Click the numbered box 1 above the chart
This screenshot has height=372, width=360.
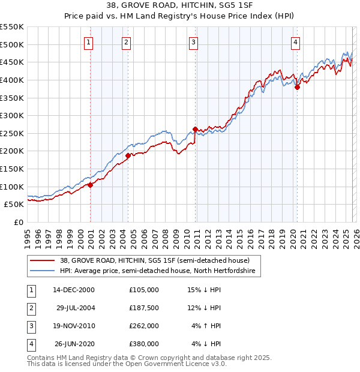88,42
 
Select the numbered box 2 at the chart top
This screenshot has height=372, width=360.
127,42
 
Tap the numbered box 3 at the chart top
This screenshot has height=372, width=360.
193,42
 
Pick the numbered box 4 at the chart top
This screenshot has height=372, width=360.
296,42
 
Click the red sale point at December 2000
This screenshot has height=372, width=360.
91,185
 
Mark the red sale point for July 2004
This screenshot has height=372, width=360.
128,155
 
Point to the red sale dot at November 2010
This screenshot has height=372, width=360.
195,128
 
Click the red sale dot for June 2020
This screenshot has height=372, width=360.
297,87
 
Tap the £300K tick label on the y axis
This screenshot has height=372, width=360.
12,115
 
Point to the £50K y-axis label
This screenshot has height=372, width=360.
14,205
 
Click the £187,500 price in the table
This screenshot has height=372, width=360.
144,308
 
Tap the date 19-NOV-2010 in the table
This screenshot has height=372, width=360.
74,326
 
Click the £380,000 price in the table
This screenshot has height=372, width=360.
144,344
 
